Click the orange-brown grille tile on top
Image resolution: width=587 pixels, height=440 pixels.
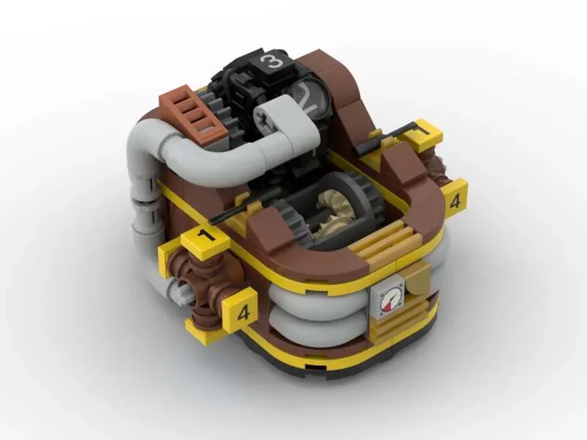[x=193, y=111]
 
